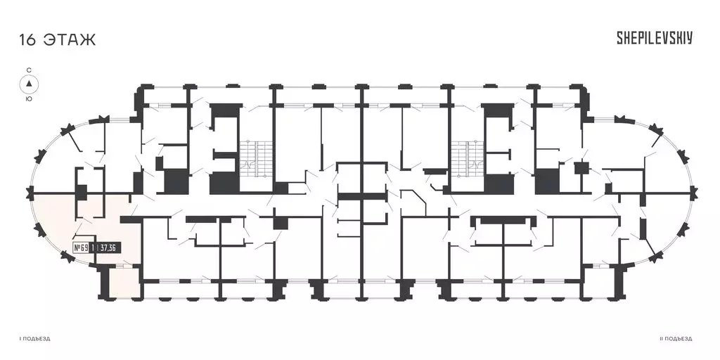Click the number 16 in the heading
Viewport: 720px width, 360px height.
27,39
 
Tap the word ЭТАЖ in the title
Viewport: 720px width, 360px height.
70,39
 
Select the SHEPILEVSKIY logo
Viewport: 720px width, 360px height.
655,38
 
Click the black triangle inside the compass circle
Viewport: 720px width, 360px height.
29,84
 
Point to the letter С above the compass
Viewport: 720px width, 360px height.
29,70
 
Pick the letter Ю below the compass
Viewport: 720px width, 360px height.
29,98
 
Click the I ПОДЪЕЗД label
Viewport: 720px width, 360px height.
34,339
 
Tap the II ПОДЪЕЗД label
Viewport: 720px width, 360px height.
676,339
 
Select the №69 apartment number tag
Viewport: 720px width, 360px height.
81,248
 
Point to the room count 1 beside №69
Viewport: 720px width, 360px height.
94,248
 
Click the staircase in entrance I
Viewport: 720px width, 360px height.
253,158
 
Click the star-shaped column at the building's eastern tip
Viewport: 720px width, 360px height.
694,193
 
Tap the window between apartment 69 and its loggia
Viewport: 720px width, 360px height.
122,265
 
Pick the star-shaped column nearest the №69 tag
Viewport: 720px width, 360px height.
68,259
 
